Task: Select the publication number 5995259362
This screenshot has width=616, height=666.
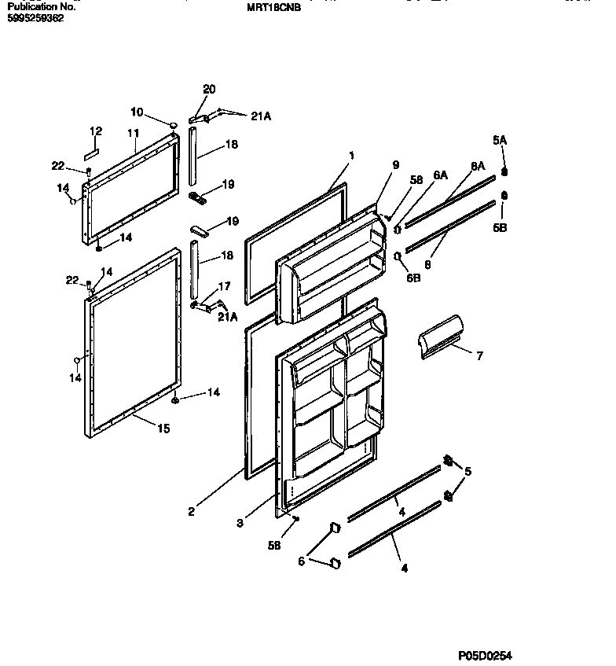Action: tap(35, 17)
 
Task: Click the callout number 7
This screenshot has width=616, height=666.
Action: tap(479, 355)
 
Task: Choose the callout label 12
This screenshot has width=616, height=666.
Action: tap(96, 131)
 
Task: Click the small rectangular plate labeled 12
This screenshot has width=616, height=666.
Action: tap(91, 149)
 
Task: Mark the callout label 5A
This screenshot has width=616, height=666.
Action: tap(500, 139)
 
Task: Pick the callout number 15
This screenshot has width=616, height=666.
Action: tap(163, 429)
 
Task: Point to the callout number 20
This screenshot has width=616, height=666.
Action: tap(209, 90)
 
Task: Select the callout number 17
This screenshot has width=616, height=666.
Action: tap(224, 286)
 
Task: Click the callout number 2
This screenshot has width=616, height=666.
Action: tap(191, 512)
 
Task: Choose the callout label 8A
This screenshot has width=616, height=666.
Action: tap(478, 166)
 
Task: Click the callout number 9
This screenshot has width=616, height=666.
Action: tap(396, 165)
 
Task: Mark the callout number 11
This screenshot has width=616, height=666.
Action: tap(134, 134)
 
